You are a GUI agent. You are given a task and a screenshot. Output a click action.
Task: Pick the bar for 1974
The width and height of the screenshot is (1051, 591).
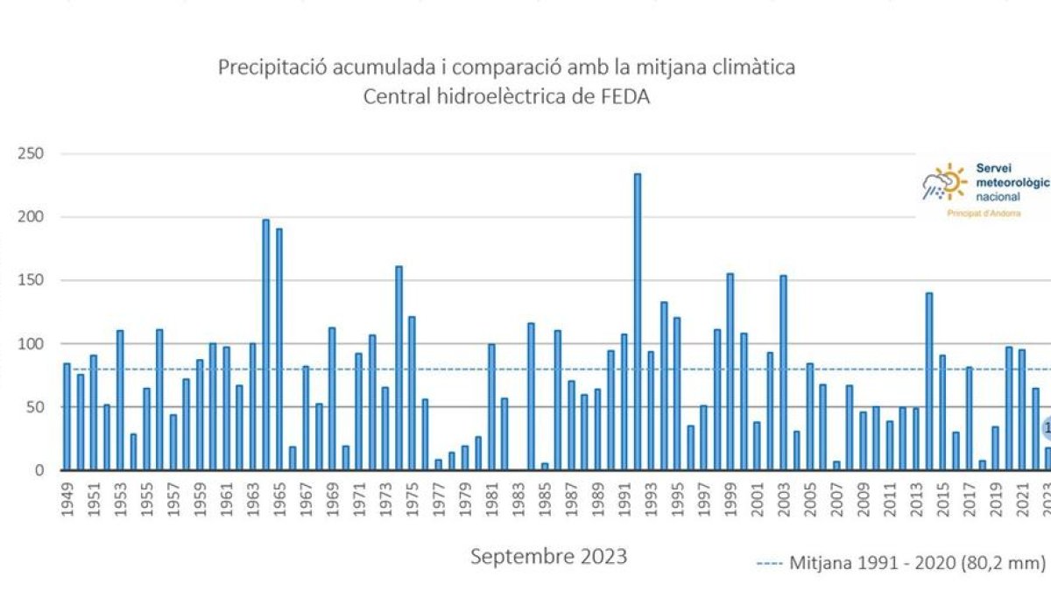[x=399, y=368]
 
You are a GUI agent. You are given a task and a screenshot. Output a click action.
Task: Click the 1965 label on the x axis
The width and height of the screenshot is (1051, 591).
[x=279, y=502]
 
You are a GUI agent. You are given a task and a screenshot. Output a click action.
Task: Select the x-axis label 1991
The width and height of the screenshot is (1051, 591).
[x=624, y=502]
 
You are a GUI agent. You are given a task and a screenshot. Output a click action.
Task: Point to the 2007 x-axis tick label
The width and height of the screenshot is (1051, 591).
[x=836, y=502]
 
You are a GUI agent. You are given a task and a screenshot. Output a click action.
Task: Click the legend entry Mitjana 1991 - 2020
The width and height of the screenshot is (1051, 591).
[x=902, y=564]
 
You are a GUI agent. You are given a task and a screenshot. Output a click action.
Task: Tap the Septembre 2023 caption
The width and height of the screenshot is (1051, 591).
[x=548, y=556]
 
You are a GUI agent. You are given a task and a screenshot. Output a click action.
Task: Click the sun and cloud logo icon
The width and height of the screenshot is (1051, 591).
[x=943, y=182]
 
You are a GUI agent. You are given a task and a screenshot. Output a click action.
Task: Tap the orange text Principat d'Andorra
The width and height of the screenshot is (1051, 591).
[x=984, y=214]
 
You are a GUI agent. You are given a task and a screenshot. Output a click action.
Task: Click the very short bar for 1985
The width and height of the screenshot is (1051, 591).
[x=545, y=467]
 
